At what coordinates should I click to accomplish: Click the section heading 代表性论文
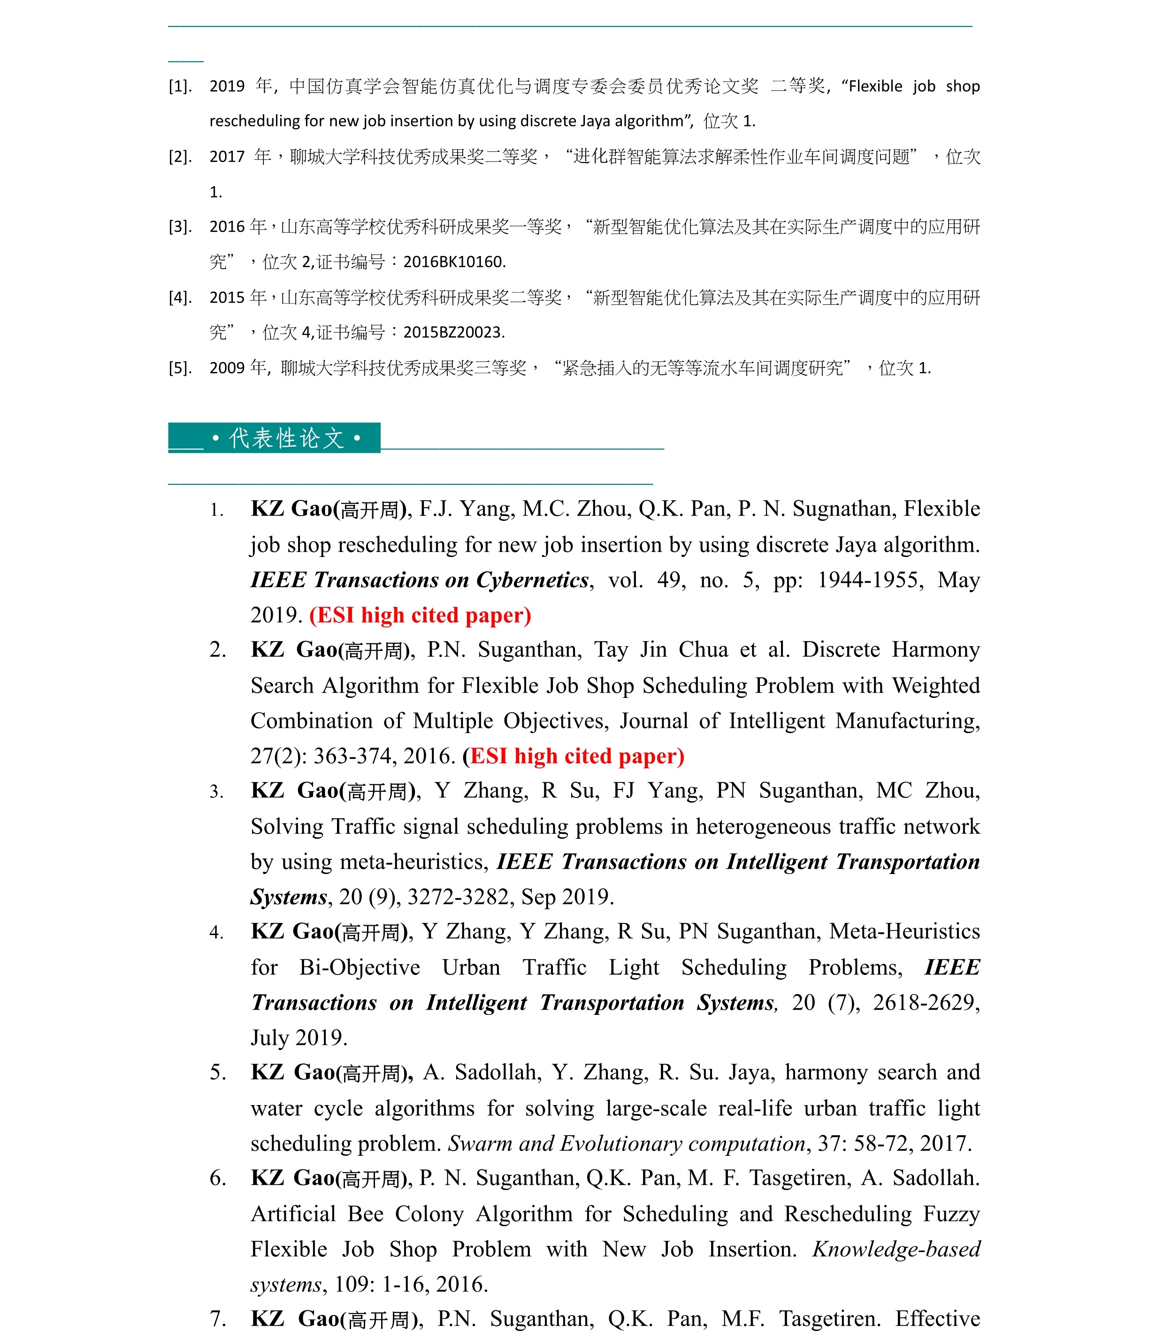287,439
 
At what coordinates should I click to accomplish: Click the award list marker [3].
180,227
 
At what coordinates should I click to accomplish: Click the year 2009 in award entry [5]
227,368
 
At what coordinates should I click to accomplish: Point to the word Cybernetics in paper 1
532,580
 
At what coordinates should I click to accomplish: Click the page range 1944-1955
867,580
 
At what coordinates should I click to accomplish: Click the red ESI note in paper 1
420,615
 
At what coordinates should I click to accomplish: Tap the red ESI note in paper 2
573,756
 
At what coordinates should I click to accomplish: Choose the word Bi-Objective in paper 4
360,967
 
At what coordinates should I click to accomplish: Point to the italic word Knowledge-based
896,1249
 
